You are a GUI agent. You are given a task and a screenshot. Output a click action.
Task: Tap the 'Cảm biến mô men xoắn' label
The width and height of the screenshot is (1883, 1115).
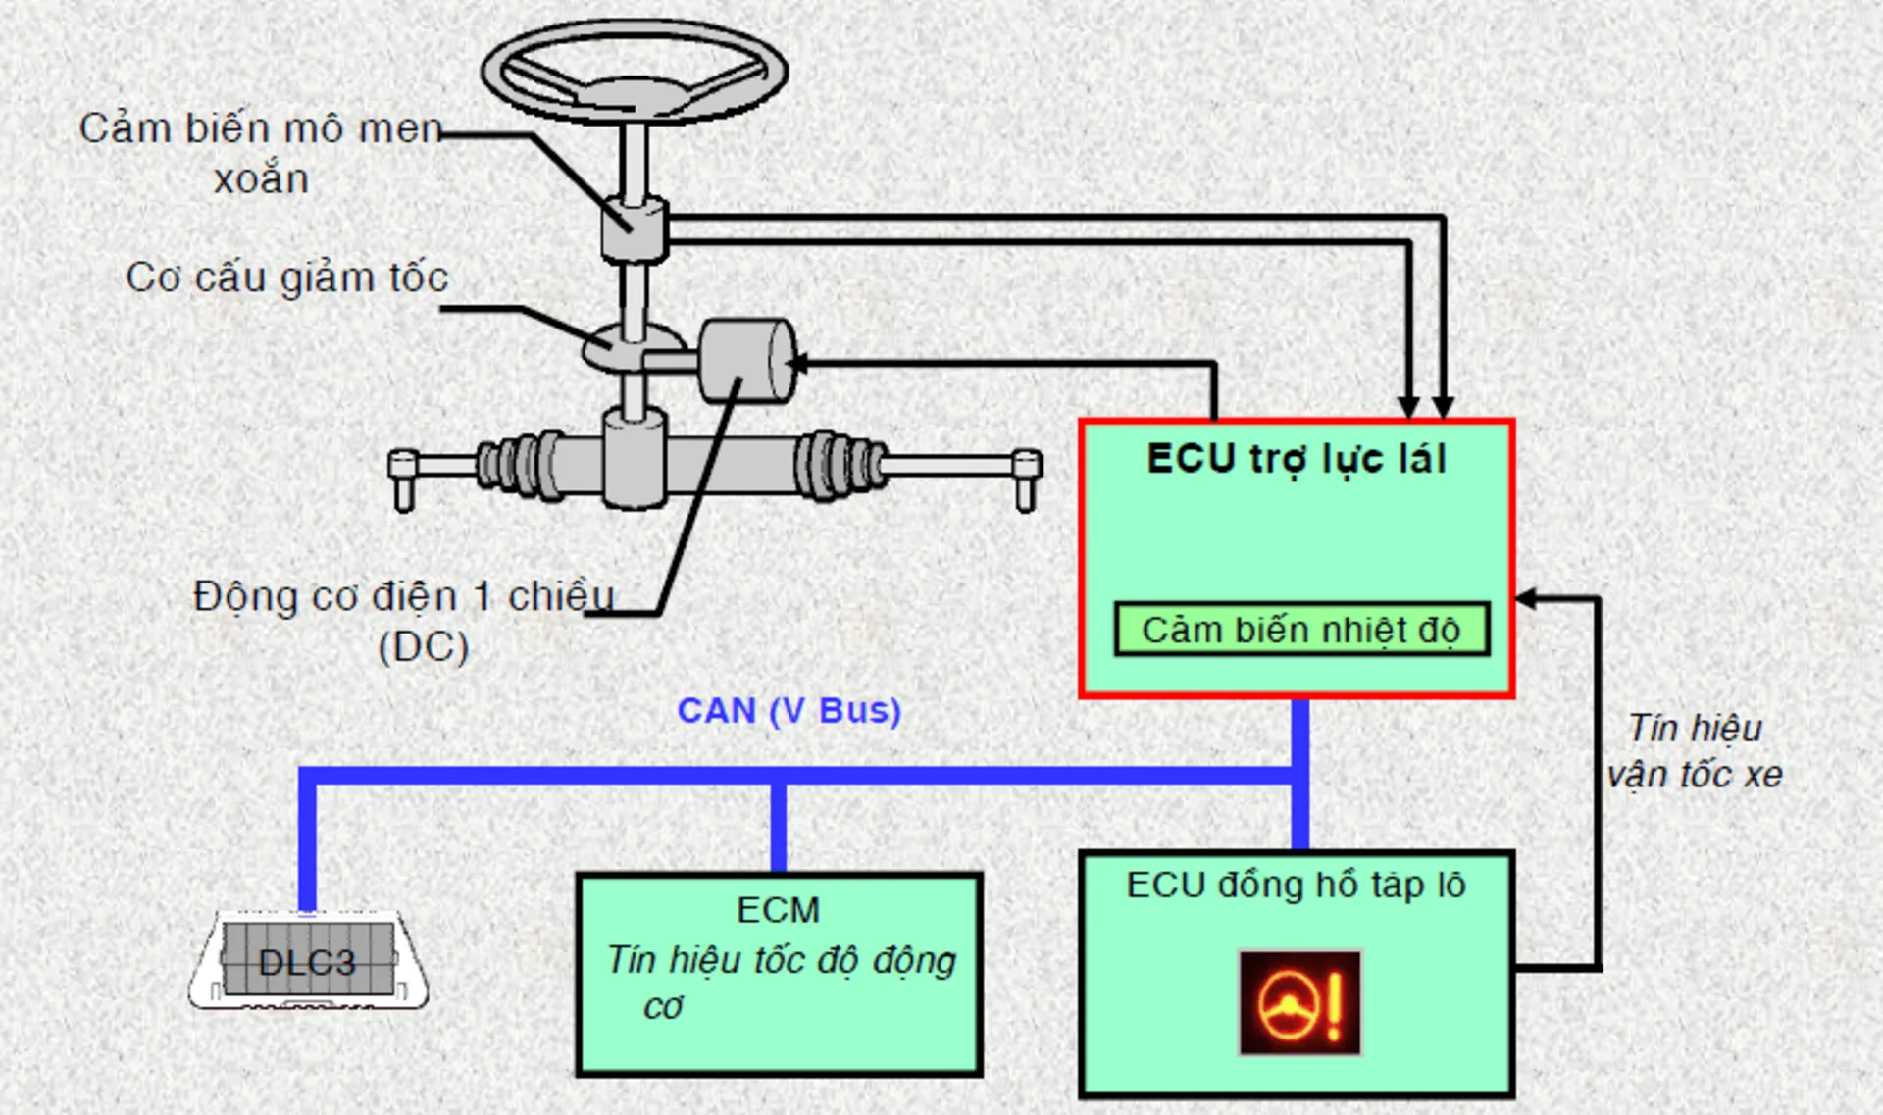tap(261, 153)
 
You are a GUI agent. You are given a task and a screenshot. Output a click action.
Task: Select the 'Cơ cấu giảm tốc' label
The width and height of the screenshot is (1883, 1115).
tap(286, 278)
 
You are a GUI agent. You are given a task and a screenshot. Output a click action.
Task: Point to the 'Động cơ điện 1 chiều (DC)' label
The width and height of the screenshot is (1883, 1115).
tap(404, 620)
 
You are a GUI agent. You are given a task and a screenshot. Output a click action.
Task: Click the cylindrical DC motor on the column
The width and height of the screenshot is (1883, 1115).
tap(746, 361)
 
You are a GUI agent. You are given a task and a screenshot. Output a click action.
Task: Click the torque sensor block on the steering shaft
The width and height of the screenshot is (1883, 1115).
tap(634, 230)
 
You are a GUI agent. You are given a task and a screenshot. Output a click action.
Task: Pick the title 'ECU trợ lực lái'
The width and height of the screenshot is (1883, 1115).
tap(1297, 459)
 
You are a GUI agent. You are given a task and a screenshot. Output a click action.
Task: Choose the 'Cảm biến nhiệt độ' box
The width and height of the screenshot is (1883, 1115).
tap(1301, 630)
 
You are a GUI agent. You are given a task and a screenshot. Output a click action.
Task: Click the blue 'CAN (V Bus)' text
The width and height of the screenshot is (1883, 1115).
tap(789, 710)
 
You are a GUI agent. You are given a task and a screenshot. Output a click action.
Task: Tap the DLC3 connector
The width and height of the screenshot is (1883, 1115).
tap(308, 960)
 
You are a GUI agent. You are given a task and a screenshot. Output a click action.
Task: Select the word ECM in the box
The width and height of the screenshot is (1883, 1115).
tap(778, 910)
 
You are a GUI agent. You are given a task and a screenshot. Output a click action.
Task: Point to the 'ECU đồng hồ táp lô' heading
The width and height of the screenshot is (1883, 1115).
tap(1296, 886)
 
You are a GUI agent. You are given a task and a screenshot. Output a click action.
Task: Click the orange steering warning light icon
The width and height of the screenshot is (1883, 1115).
tap(1300, 1003)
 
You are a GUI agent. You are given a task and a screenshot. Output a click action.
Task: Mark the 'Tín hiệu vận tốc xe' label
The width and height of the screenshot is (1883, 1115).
tap(1695, 751)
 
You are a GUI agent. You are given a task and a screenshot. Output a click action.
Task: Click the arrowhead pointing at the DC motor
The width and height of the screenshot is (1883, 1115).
tap(797, 364)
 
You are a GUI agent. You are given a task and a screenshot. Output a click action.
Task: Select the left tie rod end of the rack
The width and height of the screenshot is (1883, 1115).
tap(403, 478)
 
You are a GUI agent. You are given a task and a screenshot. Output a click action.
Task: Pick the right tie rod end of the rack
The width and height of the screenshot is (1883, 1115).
tap(1025, 478)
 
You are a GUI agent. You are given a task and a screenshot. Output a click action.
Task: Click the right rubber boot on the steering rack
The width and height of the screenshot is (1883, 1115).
tap(840, 463)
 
